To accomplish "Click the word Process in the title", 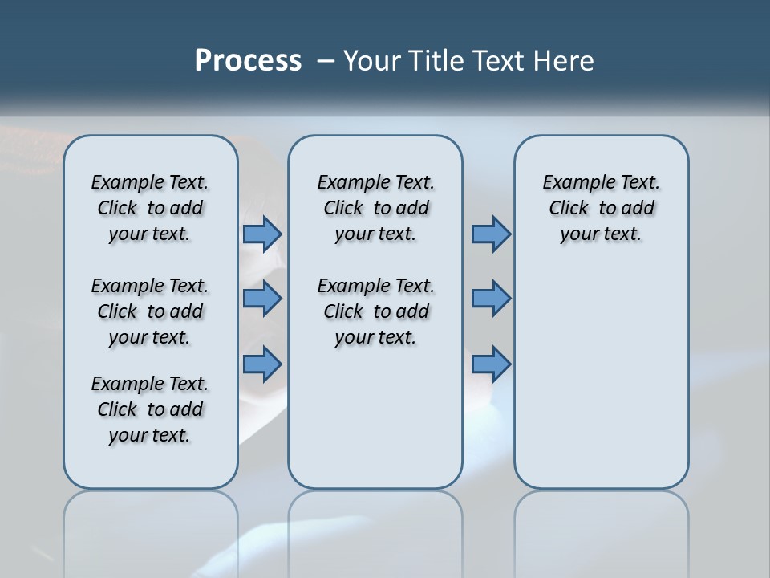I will [x=248, y=61].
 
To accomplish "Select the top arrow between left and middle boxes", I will [x=262, y=234].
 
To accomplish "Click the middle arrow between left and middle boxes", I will [x=262, y=299].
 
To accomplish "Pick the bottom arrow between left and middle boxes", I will [x=262, y=364].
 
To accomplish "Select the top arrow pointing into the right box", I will [x=491, y=234].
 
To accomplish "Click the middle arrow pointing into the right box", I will [x=491, y=299].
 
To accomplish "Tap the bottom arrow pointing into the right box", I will [x=491, y=364].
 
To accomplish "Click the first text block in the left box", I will [x=150, y=208].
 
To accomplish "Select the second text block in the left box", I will [x=150, y=311].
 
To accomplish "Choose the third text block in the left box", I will [x=150, y=409].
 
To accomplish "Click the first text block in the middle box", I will [x=375, y=208].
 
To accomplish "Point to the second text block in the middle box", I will [x=375, y=311].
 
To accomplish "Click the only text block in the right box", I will [x=601, y=208].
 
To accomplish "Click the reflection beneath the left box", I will [x=151, y=522].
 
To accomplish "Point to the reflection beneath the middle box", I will [x=375, y=522].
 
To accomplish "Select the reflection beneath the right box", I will [x=601, y=522].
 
